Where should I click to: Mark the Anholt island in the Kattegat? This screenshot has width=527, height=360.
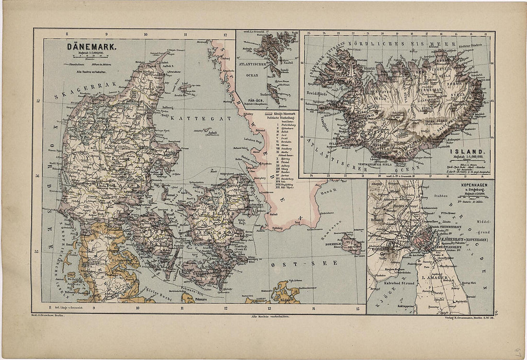(x=212, y=133)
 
